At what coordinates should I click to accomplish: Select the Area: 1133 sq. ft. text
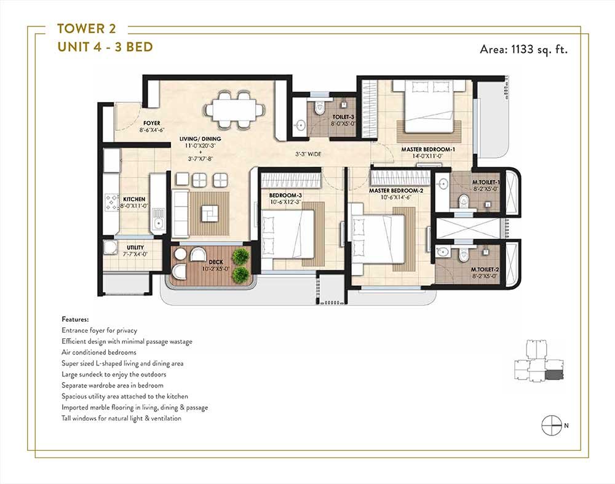tap(523, 50)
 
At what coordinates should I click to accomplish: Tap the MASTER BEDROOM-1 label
tap(427, 149)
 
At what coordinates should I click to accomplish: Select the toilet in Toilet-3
tap(319, 109)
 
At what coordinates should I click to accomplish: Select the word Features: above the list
tap(76, 320)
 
